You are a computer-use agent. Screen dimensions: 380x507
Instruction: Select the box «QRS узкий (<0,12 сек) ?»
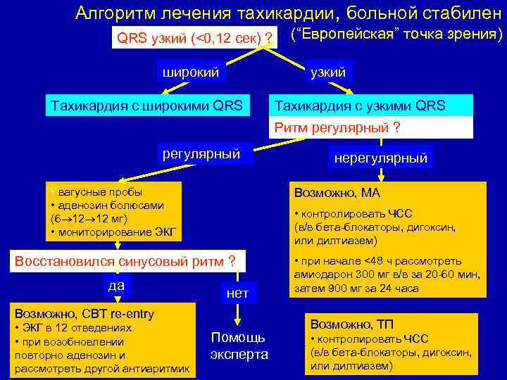(x=195, y=37)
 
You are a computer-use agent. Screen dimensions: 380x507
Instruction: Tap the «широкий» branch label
(x=191, y=72)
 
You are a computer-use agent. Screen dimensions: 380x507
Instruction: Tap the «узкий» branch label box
(x=327, y=72)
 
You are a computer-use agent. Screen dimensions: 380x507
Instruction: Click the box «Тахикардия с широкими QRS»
(x=145, y=106)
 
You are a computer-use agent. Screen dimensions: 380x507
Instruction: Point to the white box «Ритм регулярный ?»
(x=337, y=127)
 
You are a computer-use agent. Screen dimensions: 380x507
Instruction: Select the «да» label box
(x=116, y=285)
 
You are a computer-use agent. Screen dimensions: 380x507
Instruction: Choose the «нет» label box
(x=238, y=293)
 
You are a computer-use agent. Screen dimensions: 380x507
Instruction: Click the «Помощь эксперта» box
(x=239, y=346)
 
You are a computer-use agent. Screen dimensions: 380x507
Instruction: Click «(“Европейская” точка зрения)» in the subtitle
(x=396, y=34)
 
